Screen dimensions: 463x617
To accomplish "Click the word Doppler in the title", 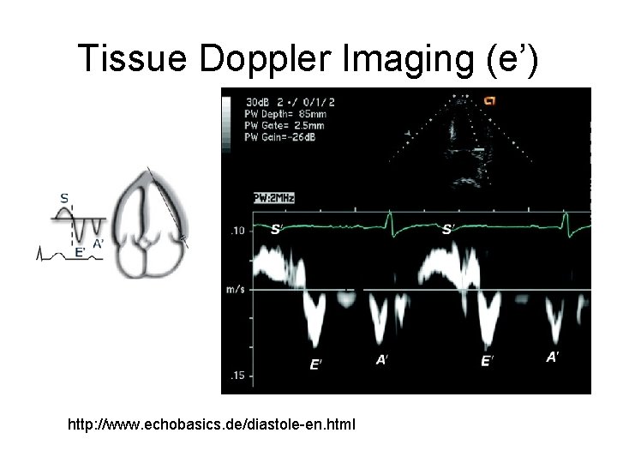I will [261, 57].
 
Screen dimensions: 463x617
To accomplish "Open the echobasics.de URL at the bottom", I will [214, 424].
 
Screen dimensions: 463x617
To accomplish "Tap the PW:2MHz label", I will [274, 198].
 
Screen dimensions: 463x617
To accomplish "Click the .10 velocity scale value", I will [237, 231].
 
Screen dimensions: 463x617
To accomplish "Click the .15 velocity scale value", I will [237, 376].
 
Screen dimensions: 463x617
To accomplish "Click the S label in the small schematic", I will [64, 198].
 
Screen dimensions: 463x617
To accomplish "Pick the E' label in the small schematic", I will [80, 251].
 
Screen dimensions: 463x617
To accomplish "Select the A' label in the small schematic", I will [99, 244].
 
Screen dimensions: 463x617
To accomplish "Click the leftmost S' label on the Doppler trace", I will [276, 229].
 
